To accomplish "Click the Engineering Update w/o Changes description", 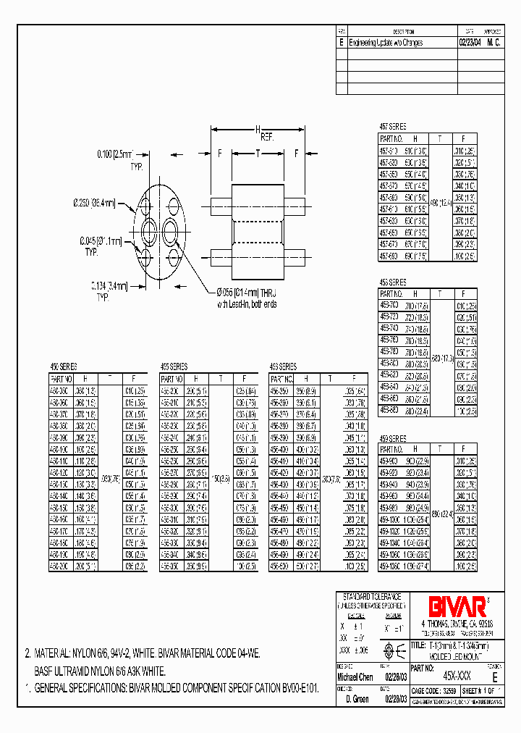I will click(386, 43).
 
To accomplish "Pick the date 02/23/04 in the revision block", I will click(470, 43).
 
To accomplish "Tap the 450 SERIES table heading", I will click(63, 367).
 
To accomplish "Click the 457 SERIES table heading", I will click(393, 126).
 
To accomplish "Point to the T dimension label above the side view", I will click(258, 153).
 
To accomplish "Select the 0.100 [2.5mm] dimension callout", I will click(117, 154).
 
